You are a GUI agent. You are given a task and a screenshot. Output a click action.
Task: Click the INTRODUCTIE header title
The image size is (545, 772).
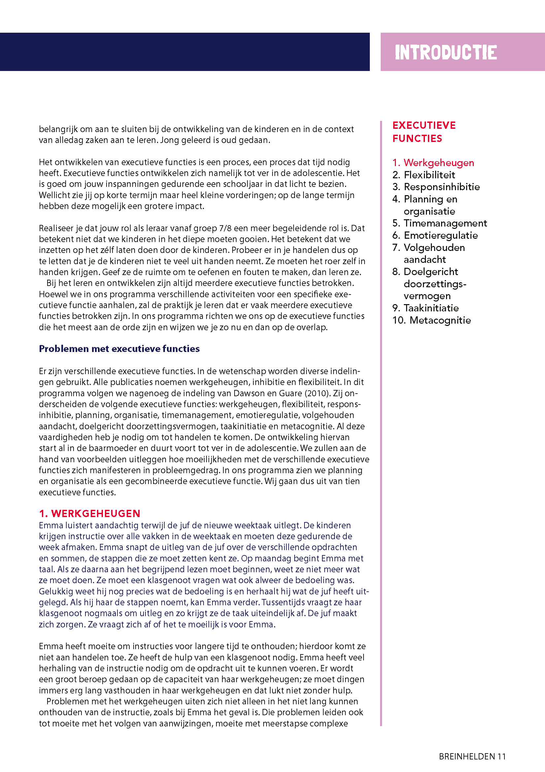tap(446, 53)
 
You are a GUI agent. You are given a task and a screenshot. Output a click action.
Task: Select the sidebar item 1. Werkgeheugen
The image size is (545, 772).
tap(433, 163)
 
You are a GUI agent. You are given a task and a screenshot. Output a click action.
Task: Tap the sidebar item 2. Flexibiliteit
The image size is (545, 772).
tap(424, 175)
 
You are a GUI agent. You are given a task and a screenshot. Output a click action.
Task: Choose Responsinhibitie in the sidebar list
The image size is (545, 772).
tap(436, 187)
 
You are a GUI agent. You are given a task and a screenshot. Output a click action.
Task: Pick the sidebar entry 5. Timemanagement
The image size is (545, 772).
tap(439, 223)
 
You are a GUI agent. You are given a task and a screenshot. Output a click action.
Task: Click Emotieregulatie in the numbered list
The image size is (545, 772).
tap(435, 235)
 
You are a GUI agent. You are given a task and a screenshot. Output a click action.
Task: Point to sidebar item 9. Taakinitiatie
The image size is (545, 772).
tap(425, 308)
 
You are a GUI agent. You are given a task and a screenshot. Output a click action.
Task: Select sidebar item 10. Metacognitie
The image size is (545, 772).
tap(432, 320)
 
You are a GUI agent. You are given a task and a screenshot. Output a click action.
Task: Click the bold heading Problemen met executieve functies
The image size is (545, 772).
tap(119, 349)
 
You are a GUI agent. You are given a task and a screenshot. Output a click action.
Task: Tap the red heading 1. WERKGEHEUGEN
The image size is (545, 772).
tap(90, 513)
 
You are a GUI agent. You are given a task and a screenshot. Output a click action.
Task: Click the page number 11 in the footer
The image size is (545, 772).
tap(502, 756)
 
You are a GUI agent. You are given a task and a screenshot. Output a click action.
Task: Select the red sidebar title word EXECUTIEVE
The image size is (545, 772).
tap(424, 125)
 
